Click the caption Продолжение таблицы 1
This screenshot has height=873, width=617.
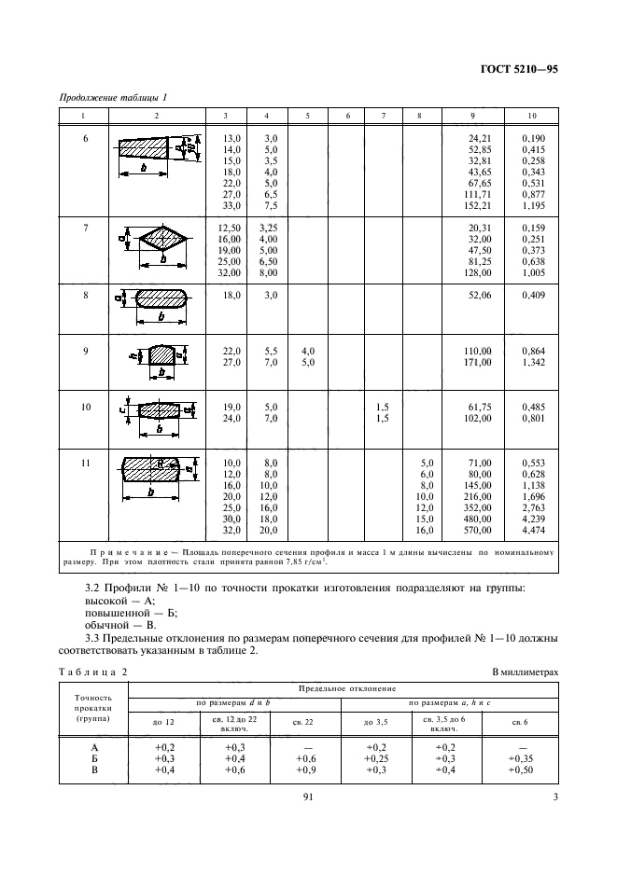[x=113, y=98]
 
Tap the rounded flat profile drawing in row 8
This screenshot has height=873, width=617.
[x=163, y=300]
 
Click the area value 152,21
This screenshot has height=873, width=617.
[x=479, y=204]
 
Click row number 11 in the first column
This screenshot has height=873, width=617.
[x=85, y=463]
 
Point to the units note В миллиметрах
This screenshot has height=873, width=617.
[x=522, y=672]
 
